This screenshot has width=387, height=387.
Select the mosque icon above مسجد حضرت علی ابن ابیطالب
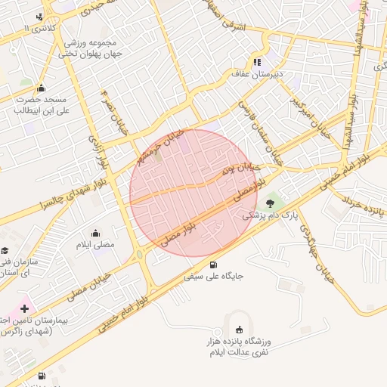(41, 87)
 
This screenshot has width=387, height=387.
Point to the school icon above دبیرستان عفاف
(257, 63)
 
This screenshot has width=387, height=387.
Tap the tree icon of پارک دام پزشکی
(271, 202)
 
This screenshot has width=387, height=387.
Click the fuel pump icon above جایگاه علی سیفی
(214, 265)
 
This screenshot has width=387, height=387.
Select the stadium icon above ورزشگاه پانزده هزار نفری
(240, 329)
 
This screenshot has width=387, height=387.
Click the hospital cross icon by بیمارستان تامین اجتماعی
(25, 308)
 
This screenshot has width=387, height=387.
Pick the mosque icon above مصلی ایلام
(96, 233)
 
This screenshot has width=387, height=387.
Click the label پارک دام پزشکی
(269, 215)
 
